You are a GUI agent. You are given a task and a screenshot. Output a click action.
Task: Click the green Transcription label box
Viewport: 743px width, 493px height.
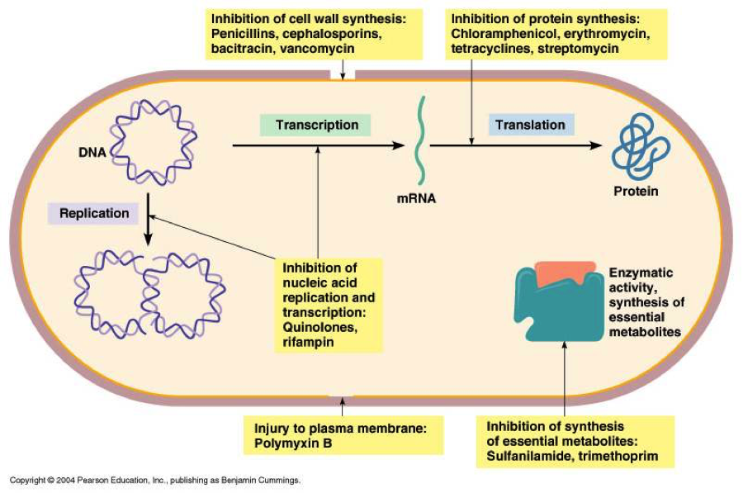pos(315,126)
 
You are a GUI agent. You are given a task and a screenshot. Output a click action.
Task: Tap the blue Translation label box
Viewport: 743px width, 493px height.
pos(531,126)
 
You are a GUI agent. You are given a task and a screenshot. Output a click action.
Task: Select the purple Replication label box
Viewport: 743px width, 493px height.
pos(93,213)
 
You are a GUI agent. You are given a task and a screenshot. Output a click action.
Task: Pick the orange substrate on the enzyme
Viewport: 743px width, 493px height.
pos(564,273)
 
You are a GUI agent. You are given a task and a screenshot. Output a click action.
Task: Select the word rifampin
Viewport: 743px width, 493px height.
pos(309,342)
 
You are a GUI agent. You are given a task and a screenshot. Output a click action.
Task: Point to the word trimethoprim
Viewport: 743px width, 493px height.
pos(618,456)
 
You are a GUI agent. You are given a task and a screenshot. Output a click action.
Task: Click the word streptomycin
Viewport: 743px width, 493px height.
pos(578,49)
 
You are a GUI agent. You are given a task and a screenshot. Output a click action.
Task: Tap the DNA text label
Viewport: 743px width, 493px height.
pos(92,153)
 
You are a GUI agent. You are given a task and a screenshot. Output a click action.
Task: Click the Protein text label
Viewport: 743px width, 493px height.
pos(636,192)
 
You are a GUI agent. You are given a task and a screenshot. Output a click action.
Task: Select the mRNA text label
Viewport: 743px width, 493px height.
pos(416,199)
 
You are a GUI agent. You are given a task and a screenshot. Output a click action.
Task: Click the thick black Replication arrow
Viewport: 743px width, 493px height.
pos(149,219)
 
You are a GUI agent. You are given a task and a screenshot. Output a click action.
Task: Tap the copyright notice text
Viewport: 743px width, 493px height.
pos(155,481)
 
